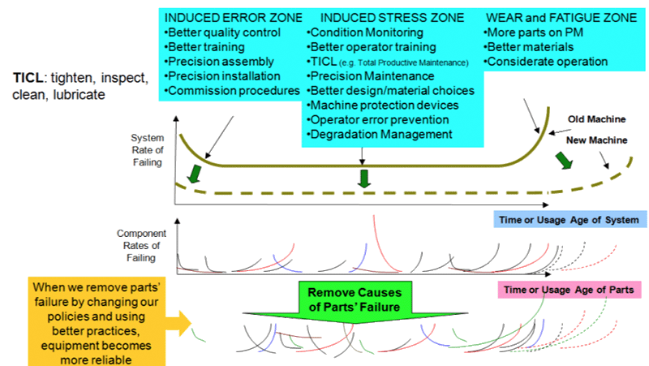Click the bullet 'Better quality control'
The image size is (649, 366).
(221, 32)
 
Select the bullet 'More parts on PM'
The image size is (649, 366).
(533, 32)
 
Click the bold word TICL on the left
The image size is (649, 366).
(28, 78)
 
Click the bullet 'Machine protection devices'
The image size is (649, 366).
(384, 105)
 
